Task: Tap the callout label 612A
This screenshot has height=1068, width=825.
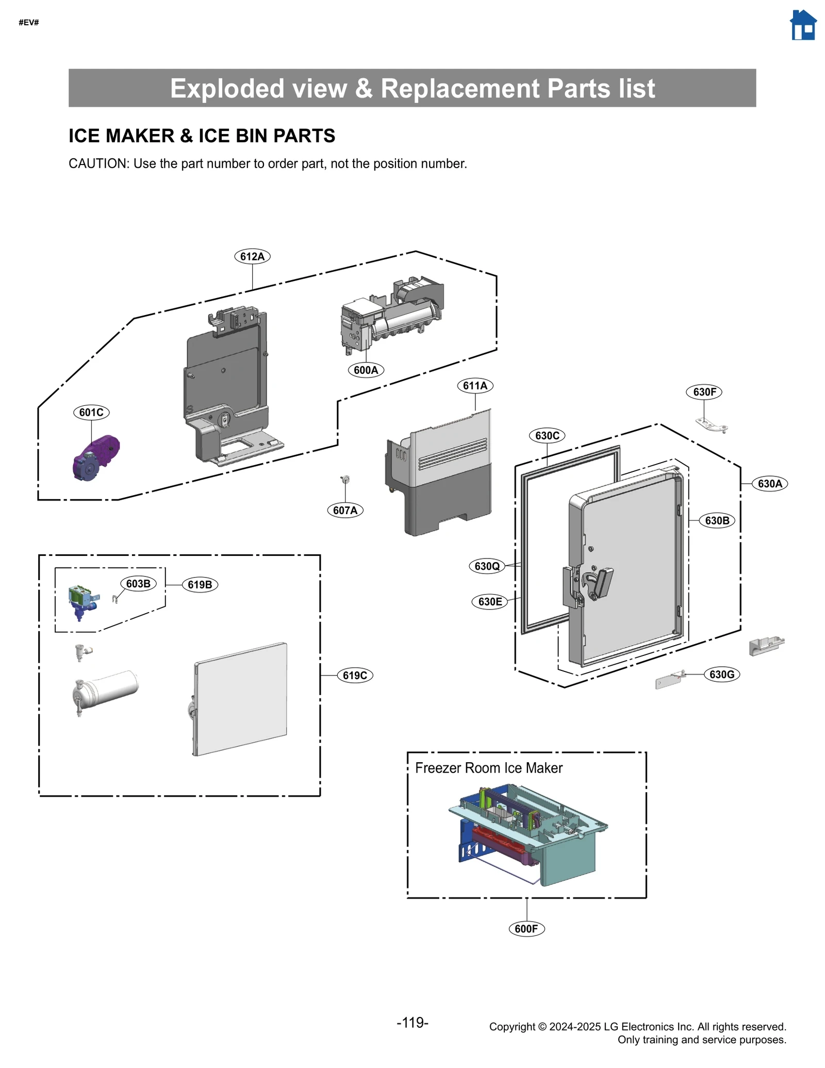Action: [x=252, y=256]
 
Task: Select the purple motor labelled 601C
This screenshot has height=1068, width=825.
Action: [x=96, y=457]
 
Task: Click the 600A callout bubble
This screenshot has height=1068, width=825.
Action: [x=366, y=370]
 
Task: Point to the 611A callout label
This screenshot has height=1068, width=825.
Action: [x=475, y=385]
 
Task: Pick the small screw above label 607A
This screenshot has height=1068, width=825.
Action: [x=345, y=480]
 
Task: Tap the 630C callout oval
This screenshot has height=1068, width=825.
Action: [x=547, y=435]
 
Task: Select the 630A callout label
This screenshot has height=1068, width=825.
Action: [x=769, y=483]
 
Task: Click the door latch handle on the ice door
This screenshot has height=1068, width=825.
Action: [x=600, y=583]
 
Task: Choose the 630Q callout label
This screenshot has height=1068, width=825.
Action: [x=487, y=566]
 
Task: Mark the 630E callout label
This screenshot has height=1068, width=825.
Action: [x=490, y=601]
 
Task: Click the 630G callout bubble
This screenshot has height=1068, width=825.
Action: [x=721, y=674]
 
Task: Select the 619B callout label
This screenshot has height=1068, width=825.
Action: [x=200, y=584]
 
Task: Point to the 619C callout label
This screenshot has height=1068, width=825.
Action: [x=355, y=675]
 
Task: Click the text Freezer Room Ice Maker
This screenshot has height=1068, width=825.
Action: [x=488, y=768]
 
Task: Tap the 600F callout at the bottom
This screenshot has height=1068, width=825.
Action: [x=526, y=928]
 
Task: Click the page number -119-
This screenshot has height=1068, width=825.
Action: [x=412, y=1023]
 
